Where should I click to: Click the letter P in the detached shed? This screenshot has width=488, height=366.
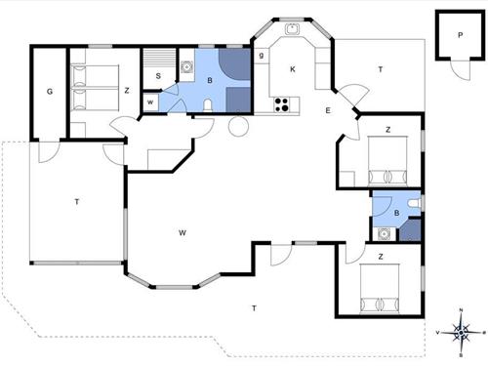pyautogui.click(x=460, y=35)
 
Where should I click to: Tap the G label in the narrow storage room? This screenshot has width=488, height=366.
pyautogui.click(x=50, y=92)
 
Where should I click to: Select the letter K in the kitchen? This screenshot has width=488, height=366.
pyautogui.click(x=293, y=69)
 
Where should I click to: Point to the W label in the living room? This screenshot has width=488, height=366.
pyautogui.click(x=183, y=232)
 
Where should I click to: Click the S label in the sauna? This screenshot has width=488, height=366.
pyautogui.click(x=158, y=76)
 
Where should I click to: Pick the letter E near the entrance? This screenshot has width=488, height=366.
pyautogui.click(x=328, y=110)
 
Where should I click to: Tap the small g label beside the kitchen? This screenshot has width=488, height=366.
pyautogui.click(x=262, y=56)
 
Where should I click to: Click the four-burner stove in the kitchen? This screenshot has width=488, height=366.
pyautogui.click(x=282, y=104)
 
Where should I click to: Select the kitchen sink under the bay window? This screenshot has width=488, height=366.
pyautogui.click(x=293, y=29)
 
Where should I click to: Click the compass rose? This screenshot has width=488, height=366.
pyautogui.click(x=461, y=333)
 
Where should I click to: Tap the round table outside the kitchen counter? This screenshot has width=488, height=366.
pyautogui.click(x=238, y=126)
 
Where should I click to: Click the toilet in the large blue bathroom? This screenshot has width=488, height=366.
pyautogui.click(x=208, y=105)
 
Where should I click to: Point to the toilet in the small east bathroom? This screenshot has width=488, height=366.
pyautogui.click(x=415, y=203)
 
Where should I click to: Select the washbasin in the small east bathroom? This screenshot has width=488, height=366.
pyautogui.click(x=385, y=233)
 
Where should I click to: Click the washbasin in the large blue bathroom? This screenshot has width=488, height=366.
pyautogui.click(x=186, y=67)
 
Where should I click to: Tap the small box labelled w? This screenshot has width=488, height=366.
pyautogui.click(x=150, y=102)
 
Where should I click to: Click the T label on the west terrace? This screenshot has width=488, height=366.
pyautogui.click(x=77, y=202)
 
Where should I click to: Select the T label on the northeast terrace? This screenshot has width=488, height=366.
pyautogui.click(x=381, y=69)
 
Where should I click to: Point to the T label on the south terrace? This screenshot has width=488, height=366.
pyautogui.click(x=254, y=307)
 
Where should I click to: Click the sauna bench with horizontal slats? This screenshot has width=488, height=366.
pyautogui.click(x=160, y=58)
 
